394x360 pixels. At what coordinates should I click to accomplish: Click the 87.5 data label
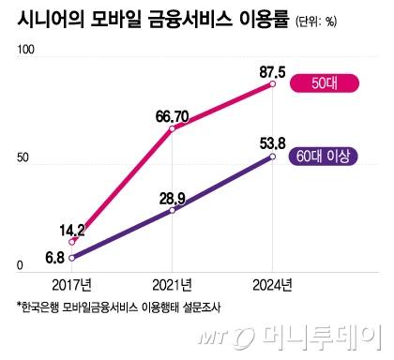click(x=272, y=70)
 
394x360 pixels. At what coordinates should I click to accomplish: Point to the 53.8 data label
click(x=272, y=142)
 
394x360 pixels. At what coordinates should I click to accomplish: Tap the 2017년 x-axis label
click(x=70, y=284)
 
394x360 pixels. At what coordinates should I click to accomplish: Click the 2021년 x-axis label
click(x=172, y=284)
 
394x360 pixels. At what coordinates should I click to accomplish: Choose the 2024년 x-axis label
click(x=272, y=284)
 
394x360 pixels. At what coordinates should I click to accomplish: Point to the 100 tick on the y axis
click(x=14, y=61)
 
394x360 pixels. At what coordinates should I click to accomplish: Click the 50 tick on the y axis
click(x=11, y=164)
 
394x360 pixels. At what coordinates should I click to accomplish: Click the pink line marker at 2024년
click(x=272, y=84)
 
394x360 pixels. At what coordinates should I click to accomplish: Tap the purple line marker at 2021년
click(x=172, y=210)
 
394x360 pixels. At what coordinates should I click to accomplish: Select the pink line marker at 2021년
click(x=172, y=128)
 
